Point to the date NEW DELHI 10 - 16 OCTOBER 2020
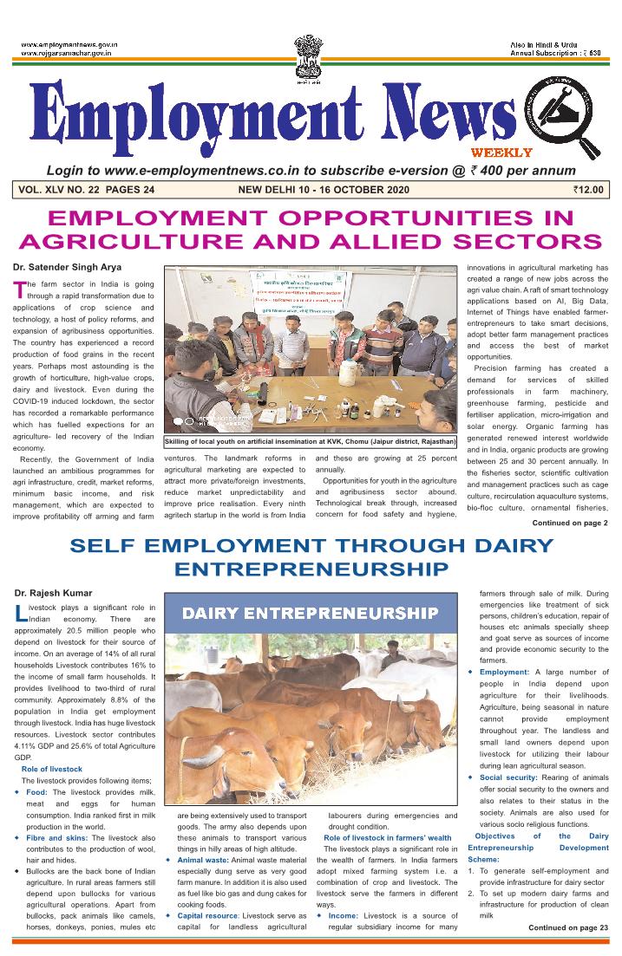(330, 190)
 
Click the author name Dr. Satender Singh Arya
(68, 267)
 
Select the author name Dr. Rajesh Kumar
(53, 593)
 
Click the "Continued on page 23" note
(568, 927)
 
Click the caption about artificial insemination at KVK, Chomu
(311, 442)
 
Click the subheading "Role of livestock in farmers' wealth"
(387, 838)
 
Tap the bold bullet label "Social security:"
(508, 777)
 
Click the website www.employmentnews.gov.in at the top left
(69, 44)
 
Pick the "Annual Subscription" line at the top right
(555, 53)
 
